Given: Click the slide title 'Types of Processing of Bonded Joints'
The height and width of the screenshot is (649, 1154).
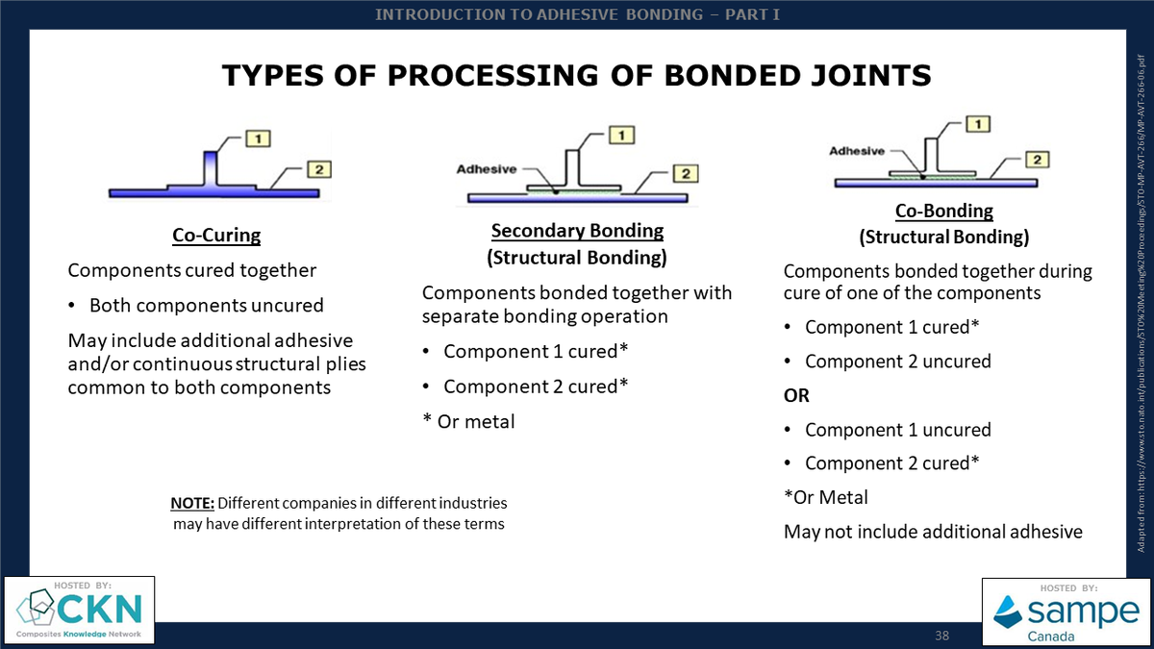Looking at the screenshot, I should (577, 75).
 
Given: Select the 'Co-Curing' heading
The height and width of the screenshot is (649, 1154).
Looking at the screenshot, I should (216, 235).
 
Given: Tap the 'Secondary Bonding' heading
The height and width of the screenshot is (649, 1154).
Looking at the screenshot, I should (577, 231).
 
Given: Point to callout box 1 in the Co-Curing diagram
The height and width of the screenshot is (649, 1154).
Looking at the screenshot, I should (257, 139).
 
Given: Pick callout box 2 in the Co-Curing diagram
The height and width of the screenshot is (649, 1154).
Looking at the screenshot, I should (320, 170).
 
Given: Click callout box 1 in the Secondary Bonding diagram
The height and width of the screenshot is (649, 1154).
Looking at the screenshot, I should (623, 136).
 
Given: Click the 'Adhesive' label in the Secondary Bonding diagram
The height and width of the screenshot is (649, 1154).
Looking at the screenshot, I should (486, 169).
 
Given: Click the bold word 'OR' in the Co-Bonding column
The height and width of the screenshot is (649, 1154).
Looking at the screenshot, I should (797, 395).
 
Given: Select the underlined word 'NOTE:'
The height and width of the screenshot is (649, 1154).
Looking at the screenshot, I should (192, 503).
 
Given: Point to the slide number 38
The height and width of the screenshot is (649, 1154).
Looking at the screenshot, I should (942, 637).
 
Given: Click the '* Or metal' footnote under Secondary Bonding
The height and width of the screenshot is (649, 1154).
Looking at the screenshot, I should (468, 420).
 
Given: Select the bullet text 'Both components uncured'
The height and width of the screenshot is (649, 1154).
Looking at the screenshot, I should (206, 306).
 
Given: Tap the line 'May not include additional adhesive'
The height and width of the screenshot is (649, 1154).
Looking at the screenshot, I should (933, 532).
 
